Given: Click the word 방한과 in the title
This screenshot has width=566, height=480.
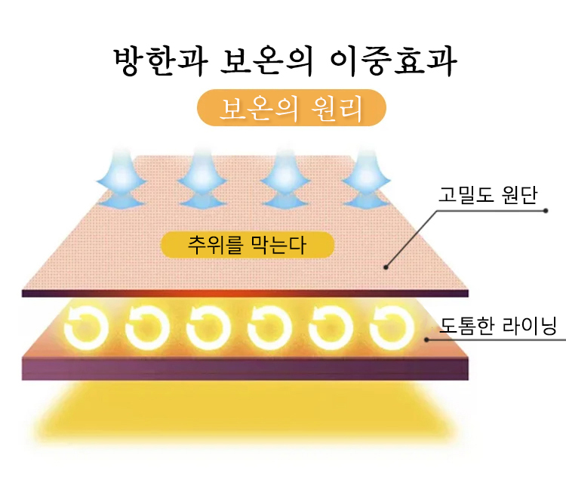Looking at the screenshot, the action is (x=161, y=61).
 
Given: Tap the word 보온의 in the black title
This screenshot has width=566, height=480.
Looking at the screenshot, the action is (x=266, y=61).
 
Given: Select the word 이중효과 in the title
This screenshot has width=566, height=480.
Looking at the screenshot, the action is (x=393, y=62).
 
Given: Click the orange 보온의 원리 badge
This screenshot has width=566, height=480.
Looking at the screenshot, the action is (x=291, y=107).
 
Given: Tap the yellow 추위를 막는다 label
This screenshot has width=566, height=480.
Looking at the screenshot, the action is (x=248, y=245).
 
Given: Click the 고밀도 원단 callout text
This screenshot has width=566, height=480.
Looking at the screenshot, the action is (x=488, y=195).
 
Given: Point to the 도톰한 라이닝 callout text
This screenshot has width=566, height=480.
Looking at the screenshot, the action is (x=498, y=325).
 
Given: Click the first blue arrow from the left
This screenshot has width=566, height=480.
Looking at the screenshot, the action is (x=122, y=179).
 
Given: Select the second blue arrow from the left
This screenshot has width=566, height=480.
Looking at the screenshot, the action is (x=202, y=179).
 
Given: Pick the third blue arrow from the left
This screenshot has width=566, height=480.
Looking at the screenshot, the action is (x=285, y=179).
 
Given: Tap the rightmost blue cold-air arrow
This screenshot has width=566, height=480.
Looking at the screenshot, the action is (x=366, y=179).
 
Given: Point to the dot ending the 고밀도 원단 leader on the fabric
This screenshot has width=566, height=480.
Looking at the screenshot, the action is (x=386, y=267).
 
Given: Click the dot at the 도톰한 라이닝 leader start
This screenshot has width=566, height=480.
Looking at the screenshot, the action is (x=426, y=339).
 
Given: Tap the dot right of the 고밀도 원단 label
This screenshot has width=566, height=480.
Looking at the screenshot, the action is (x=546, y=211).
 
